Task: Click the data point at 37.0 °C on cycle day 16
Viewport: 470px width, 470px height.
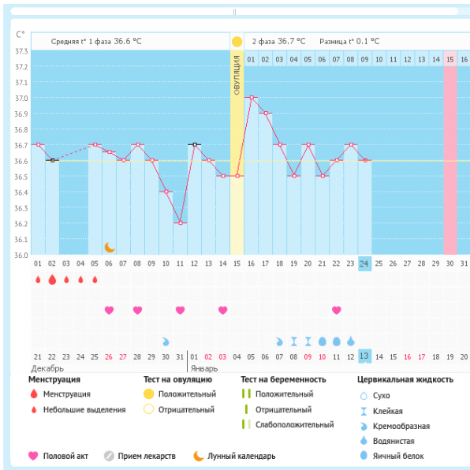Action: tap(252, 98)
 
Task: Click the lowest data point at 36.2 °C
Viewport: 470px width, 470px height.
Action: tap(181, 222)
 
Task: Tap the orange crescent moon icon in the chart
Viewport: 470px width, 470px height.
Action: tap(110, 248)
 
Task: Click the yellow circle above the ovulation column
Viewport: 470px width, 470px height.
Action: tap(237, 42)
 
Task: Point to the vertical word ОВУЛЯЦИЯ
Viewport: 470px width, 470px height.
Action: tap(237, 75)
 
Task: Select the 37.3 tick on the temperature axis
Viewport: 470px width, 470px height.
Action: tap(21, 51)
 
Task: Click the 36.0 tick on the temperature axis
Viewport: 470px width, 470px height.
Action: tap(21, 255)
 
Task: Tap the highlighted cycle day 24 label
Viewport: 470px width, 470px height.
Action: tap(364, 263)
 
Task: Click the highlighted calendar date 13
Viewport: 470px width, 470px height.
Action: tap(364, 356)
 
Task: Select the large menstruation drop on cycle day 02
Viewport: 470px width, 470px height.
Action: tap(52, 280)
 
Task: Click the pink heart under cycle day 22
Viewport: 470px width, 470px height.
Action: tap(336, 310)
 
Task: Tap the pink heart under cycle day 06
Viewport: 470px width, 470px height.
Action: tap(109, 310)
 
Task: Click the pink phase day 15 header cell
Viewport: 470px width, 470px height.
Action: tap(450, 59)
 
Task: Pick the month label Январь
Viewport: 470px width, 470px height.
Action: tap(203, 368)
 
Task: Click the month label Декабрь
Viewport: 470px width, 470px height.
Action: tap(47, 368)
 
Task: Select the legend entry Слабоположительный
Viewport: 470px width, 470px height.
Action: tap(295, 425)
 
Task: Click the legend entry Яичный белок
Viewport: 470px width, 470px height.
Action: tap(398, 456)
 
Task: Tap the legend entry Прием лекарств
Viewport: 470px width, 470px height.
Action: tap(147, 456)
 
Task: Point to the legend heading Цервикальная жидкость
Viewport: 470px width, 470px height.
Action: tap(405, 379)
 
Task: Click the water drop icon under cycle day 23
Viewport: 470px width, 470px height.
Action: tap(351, 341)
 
